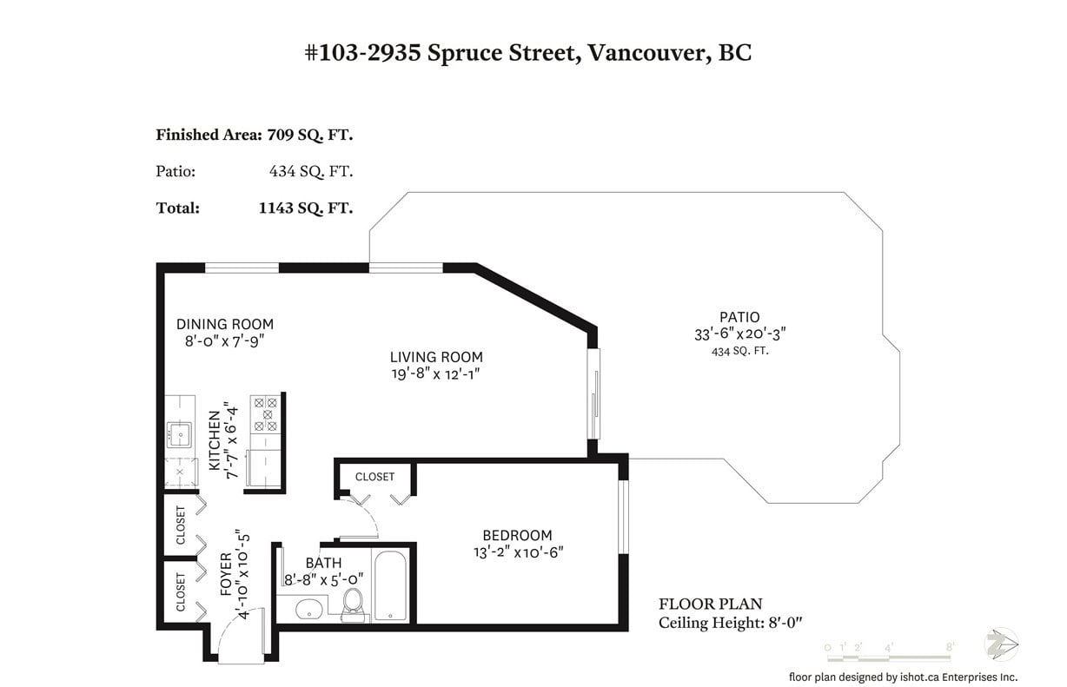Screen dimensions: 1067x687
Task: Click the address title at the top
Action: coord(527,53)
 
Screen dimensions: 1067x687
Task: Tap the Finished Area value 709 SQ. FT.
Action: coord(310,135)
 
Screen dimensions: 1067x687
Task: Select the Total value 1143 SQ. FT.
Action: coord(306,208)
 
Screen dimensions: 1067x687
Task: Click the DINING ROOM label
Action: coord(225,324)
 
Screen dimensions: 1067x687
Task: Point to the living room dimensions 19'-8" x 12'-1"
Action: coord(435,373)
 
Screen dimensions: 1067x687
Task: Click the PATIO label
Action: coord(739,317)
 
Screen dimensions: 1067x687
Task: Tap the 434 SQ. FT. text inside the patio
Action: coord(739,352)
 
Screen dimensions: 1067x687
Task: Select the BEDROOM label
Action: coord(517,535)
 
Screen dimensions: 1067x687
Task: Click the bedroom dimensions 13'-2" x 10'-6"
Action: coord(518,552)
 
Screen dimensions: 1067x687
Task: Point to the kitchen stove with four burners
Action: coord(265,414)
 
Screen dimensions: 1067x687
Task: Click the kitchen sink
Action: coord(180,434)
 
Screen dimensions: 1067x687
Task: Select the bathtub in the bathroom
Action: coord(390,586)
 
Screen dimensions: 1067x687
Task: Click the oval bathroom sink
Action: coord(308,610)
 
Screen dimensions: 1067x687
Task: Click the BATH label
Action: coord(323,563)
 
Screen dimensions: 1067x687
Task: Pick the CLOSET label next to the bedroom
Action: coord(374,477)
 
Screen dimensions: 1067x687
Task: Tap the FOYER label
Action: coord(226,574)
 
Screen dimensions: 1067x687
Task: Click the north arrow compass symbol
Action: coord(1001,644)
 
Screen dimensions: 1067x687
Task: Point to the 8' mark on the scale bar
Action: coord(950,646)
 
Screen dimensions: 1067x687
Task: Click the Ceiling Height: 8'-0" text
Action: coord(730,623)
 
